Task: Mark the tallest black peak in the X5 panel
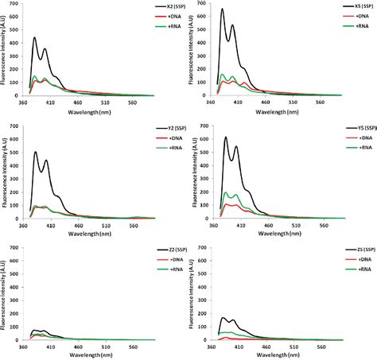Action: point(222,10)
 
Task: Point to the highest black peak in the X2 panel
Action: point(34,37)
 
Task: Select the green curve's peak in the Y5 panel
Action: point(227,192)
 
